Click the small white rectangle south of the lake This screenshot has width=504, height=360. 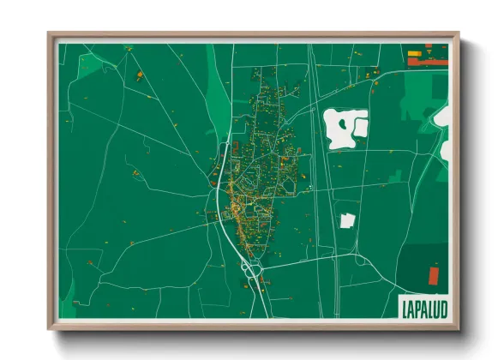click(347, 220)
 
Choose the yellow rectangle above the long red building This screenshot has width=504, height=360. click(417, 54)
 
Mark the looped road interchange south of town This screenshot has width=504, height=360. click(252, 273)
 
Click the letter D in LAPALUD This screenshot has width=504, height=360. click(442, 307)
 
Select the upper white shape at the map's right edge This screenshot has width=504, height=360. click(443, 116)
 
